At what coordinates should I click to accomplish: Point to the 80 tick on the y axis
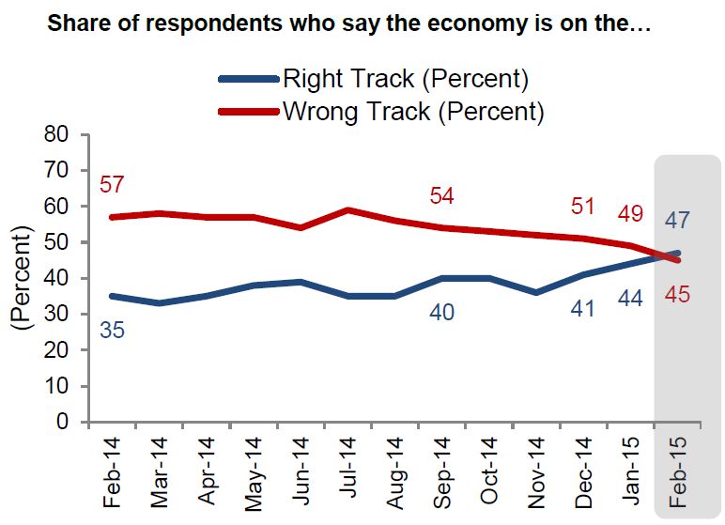click(58, 134)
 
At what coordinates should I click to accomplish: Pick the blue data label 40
click(440, 312)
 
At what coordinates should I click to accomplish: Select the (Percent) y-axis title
click(20, 280)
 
